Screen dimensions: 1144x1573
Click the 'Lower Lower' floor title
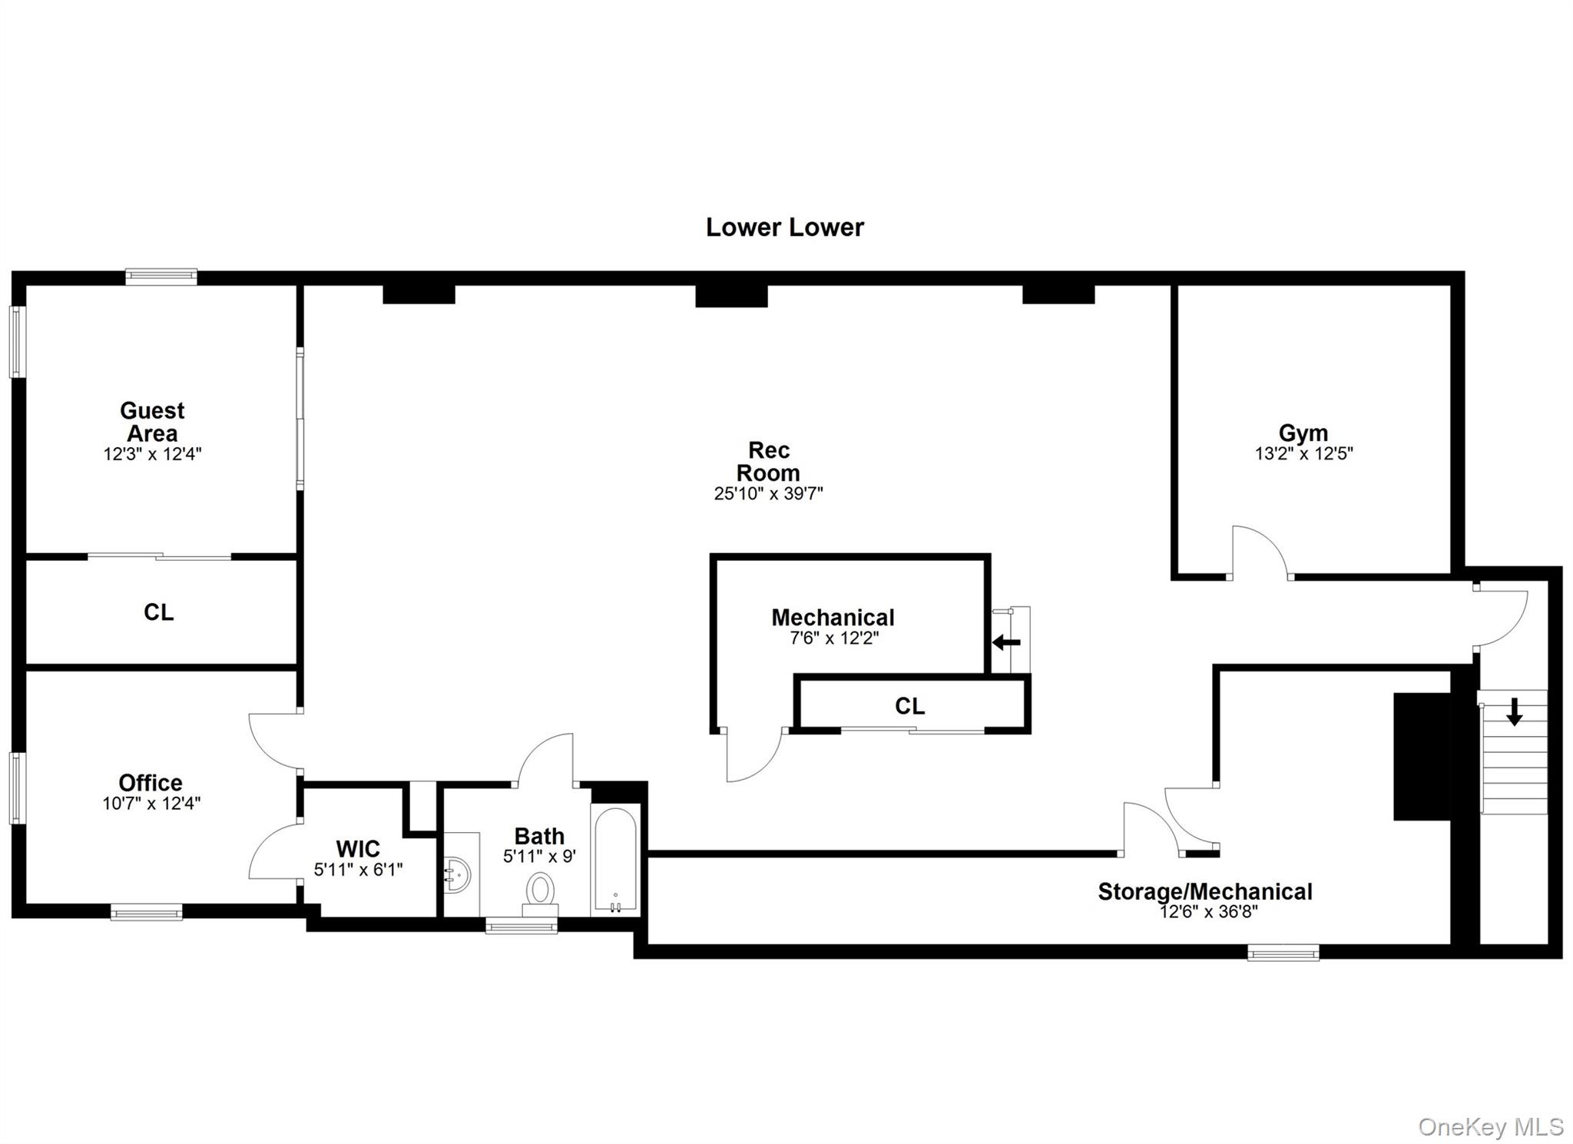tap(784, 227)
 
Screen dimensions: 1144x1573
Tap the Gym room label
tap(1303, 433)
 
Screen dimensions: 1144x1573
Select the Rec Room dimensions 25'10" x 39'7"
tap(768, 493)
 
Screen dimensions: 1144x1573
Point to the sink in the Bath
tap(458, 875)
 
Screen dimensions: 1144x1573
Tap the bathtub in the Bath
tap(615, 859)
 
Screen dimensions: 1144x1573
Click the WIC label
tap(358, 849)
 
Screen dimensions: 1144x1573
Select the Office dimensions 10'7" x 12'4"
tap(151, 804)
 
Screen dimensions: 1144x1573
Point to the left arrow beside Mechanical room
tap(1006, 642)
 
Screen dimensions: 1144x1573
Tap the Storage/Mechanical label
tap(1204, 891)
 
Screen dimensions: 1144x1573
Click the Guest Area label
tap(152, 422)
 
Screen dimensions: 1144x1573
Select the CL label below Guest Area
tap(159, 612)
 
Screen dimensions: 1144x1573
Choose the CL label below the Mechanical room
tap(910, 706)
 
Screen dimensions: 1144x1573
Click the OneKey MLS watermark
tap(1490, 1126)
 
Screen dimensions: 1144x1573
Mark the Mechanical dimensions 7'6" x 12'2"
tap(834, 638)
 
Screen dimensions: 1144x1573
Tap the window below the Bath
tap(522, 927)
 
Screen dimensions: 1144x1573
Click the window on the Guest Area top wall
tap(161, 277)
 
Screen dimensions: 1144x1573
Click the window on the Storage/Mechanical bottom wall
tap(1283, 953)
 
